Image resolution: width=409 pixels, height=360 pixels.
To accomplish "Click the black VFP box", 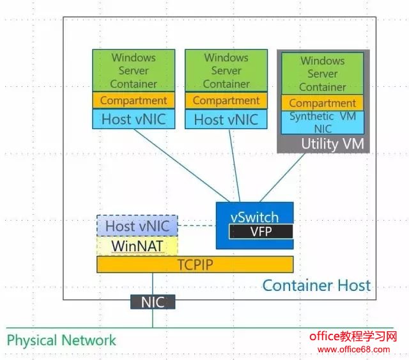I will click(x=261, y=231).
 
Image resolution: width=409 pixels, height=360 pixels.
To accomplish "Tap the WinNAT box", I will click(x=137, y=246).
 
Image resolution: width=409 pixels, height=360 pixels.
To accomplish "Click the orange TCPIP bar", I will click(x=195, y=264).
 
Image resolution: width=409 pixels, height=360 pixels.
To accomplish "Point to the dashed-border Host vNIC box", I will click(x=137, y=226).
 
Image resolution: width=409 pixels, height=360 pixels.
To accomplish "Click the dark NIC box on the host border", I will click(x=152, y=302).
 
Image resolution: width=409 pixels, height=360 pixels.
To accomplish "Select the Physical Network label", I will click(x=62, y=340).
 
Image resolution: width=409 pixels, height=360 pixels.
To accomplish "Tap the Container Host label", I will click(x=316, y=285).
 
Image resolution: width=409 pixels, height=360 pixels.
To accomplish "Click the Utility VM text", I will click(x=332, y=145).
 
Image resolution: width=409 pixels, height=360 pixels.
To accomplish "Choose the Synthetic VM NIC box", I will click(x=323, y=122).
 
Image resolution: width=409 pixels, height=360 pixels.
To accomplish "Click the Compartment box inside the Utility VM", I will click(x=323, y=103).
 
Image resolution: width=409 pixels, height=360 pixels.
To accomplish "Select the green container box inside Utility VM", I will click(x=323, y=74).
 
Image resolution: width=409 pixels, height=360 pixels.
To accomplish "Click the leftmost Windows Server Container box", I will click(x=134, y=70).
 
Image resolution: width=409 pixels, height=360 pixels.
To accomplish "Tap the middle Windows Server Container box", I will click(x=226, y=70).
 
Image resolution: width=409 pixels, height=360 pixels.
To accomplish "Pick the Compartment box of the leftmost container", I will click(x=134, y=100).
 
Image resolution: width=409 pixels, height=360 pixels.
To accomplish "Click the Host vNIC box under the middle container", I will click(x=226, y=120).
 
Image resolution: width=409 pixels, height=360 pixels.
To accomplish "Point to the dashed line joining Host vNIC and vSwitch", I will click(x=196, y=225).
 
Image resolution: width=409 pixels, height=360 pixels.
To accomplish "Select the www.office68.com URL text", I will click(x=353, y=350).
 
